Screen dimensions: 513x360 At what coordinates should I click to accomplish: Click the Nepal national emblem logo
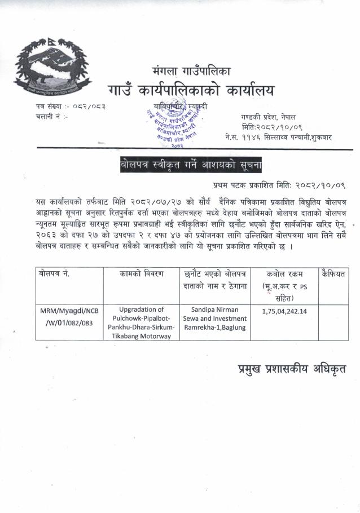coord(52,69)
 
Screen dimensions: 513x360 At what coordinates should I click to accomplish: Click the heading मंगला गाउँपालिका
coord(191,72)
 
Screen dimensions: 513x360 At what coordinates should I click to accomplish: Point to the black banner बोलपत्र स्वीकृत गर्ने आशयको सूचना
coord(191,165)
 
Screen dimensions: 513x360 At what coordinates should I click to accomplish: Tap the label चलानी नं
coord(51,117)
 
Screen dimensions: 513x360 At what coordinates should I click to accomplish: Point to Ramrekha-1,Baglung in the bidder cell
coord(215,328)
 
